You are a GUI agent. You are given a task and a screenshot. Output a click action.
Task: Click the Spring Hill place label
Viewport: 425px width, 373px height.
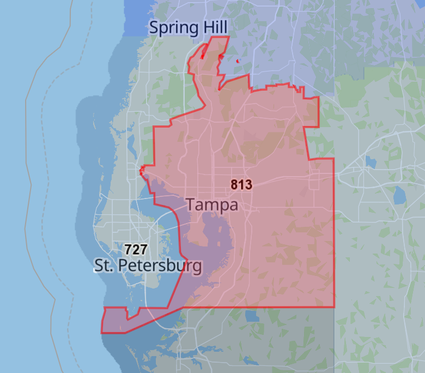coord(188,27)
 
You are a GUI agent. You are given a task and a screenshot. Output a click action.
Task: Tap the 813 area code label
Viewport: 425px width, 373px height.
coord(241,185)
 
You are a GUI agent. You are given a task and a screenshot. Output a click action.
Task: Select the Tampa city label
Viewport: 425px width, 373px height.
coord(212,205)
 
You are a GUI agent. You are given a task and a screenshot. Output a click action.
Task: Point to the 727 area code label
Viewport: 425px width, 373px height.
coord(136,250)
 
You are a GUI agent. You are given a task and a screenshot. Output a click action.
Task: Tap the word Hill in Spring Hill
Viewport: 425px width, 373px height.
coord(214,27)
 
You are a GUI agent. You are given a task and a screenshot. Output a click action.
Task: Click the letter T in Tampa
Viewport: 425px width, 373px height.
coord(191,205)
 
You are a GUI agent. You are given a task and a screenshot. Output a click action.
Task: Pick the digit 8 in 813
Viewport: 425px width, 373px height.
coord(234,185)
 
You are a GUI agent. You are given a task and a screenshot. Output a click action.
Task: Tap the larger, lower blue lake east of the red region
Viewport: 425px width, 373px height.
coord(399,194)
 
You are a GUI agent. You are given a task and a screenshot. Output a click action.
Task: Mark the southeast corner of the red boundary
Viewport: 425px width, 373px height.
coord(333,307)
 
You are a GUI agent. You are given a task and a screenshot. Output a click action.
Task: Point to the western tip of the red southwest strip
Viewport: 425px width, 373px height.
coord(102,331)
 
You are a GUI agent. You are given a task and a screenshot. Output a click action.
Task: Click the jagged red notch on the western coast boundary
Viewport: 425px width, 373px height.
coord(142,170)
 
